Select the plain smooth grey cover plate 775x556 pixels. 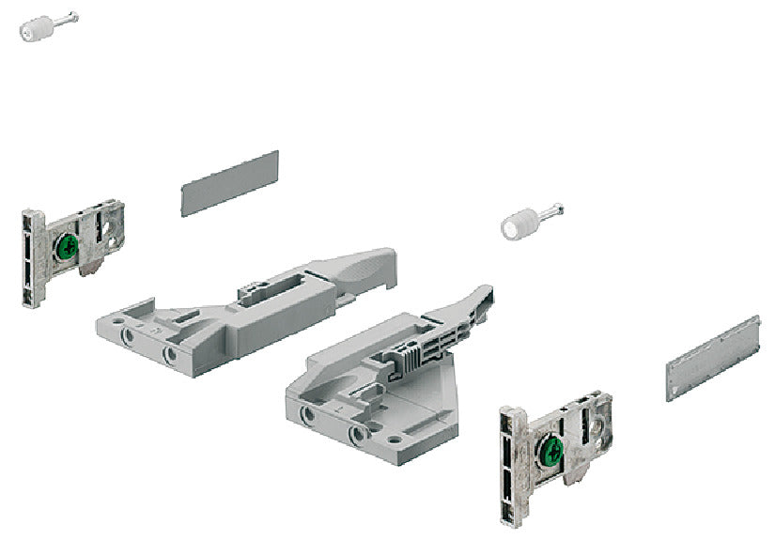pyautogui.click(x=229, y=183)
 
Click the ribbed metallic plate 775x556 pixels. pyautogui.click(x=713, y=358)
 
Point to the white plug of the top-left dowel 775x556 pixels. pyautogui.click(x=33, y=30)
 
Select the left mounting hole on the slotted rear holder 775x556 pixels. pyautogui.click(x=126, y=334)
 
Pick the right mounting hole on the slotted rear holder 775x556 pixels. pyautogui.click(x=170, y=354)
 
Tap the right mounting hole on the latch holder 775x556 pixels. pyautogui.click(x=354, y=434)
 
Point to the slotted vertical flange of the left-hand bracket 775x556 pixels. pyautogui.click(x=30, y=257)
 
